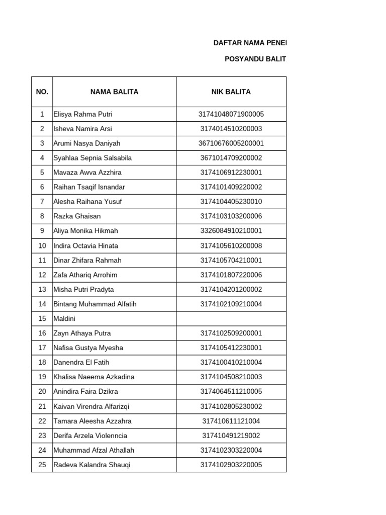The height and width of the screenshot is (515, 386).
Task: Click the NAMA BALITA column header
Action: (114, 92)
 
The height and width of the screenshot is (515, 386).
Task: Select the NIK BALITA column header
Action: (231, 92)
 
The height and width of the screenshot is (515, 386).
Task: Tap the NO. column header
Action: (42, 92)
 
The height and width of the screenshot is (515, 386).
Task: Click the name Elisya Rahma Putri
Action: (82, 114)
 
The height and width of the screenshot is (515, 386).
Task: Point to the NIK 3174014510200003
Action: (231, 129)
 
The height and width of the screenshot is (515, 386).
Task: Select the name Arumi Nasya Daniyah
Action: (86, 143)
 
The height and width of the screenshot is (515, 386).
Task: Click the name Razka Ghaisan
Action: (77, 216)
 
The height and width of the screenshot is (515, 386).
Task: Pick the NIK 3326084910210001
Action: (231, 231)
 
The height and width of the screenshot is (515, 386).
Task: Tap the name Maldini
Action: (64, 318)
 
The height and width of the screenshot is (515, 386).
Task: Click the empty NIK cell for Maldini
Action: (231, 318)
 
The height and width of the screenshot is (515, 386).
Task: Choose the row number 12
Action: (42, 275)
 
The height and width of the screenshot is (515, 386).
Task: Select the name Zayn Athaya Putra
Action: (82, 333)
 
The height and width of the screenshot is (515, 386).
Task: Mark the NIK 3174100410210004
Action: (231, 362)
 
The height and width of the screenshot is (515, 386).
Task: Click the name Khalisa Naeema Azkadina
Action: (93, 377)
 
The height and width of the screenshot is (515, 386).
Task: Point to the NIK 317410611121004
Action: (231, 421)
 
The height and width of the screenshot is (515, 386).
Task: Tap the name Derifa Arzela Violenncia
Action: (90, 436)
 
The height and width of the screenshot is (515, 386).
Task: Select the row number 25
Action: (42, 465)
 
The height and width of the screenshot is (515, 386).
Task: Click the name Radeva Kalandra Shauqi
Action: (91, 465)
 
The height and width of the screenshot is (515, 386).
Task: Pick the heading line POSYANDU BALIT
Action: (255, 59)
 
